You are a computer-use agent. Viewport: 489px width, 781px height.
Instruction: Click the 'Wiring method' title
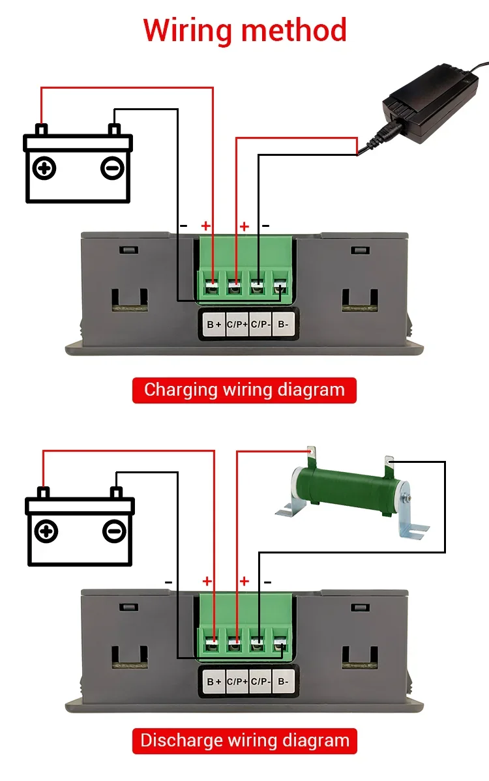pyautogui.click(x=244, y=31)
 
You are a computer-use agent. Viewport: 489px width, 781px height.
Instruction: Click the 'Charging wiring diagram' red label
pyautogui.click(x=244, y=390)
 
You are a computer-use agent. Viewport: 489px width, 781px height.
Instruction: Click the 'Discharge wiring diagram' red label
pyautogui.click(x=244, y=741)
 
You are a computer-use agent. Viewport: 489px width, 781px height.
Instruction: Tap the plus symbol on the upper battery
pyautogui.click(x=44, y=168)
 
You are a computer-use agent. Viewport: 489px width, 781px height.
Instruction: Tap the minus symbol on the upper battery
pyautogui.click(x=112, y=168)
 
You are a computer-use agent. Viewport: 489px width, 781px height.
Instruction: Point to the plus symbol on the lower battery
pyautogui.click(x=46, y=531)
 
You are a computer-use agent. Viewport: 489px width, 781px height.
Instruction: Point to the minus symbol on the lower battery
pyautogui.click(x=114, y=531)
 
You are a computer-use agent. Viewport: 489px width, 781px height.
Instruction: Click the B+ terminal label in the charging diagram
pyautogui.click(x=214, y=325)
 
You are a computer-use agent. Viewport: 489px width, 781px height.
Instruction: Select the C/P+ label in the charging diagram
pyautogui.click(x=237, y=324)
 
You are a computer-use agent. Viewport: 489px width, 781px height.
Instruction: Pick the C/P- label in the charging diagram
pyautogui.click(x=260, y=324)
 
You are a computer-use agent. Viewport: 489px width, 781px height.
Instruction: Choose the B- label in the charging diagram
pyautogui.click(x=283, y=324)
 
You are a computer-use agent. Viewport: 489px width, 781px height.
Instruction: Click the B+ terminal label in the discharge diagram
pyautogui.click(x=214, y=681)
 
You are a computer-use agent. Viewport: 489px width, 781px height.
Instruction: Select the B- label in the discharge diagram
pyautogui.click(x=283, y=681)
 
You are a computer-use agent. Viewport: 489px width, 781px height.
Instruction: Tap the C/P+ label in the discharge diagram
pyautogui.click(x=237, y=681)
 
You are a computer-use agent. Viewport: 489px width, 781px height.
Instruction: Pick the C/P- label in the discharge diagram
pyautogui.click(x=260, y=681)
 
